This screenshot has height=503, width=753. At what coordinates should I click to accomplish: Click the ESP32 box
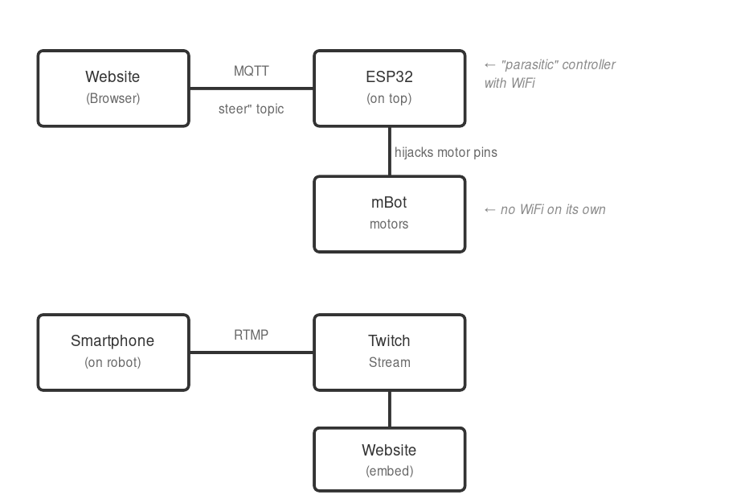click(x=389, y=89)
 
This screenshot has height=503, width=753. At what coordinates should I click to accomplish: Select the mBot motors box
click(x=389, y=214)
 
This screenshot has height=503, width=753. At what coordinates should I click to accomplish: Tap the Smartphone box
click(x=113, y=352)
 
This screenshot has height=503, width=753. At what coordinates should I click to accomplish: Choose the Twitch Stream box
click(x=389, y=352)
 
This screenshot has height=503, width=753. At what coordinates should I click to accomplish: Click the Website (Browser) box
click(x=113, y=89)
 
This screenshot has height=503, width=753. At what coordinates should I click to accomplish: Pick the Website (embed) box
click(x=389, y=460)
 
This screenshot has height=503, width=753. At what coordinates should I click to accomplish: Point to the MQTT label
click(x=251, y=71)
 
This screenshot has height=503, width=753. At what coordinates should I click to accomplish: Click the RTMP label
click(x=251, y=335)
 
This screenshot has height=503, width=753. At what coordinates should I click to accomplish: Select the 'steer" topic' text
click(x=251, y=109)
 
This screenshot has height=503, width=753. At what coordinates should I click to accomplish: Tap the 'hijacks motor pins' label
click(x=445, y=152)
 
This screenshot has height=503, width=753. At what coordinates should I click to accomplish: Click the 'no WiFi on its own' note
click(x=552, y=209)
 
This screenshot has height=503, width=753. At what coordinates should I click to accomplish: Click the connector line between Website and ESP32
click(x=251, y=89)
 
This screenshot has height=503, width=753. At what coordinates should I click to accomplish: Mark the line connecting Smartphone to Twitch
click(x=251, y=353)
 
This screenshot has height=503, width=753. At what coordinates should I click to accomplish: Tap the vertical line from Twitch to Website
click(x=390, y=410)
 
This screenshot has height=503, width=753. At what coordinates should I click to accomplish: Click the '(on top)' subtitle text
click(x=389, y=99)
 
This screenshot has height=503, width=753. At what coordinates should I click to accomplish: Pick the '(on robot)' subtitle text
click(x=113, y=362)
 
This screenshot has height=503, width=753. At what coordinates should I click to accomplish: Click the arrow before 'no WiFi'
click(x=490, y=209)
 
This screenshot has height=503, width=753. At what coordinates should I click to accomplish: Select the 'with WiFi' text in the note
click(x=510, y=83)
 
